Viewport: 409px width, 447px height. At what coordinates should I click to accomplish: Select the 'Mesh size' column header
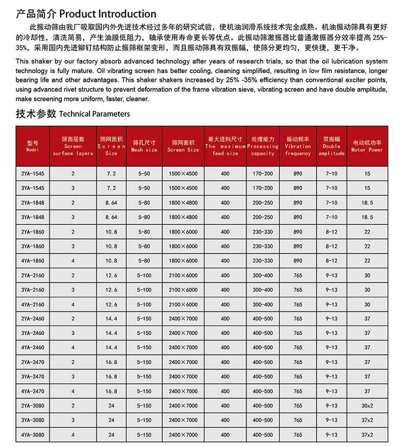144,146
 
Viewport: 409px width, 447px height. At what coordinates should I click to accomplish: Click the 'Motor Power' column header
367,146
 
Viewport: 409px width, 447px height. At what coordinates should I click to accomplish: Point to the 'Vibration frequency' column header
298,146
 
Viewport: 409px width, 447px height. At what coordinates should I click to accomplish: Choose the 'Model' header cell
33,146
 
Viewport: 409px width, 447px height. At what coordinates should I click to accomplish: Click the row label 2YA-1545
33,174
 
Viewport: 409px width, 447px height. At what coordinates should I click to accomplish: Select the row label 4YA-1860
33,261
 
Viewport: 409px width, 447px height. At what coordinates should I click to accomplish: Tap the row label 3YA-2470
33,377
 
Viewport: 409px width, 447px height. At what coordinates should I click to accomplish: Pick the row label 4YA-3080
33,435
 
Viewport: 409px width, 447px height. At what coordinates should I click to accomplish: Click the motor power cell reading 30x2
367,406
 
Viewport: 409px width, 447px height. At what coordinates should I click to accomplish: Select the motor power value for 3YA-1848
367,217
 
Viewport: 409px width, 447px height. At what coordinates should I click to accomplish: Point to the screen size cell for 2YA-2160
183,276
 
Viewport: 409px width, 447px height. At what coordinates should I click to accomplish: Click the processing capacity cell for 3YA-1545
263,188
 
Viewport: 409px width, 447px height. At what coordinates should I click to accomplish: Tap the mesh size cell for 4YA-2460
144,348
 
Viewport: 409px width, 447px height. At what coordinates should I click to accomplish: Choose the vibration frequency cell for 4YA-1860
298,261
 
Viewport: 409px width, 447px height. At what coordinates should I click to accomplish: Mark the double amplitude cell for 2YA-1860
331,232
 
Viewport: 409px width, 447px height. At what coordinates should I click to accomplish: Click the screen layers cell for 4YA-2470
73,391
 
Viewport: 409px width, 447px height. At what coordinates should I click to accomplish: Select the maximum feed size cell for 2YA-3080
225,406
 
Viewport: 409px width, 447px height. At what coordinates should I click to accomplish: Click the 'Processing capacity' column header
263,146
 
